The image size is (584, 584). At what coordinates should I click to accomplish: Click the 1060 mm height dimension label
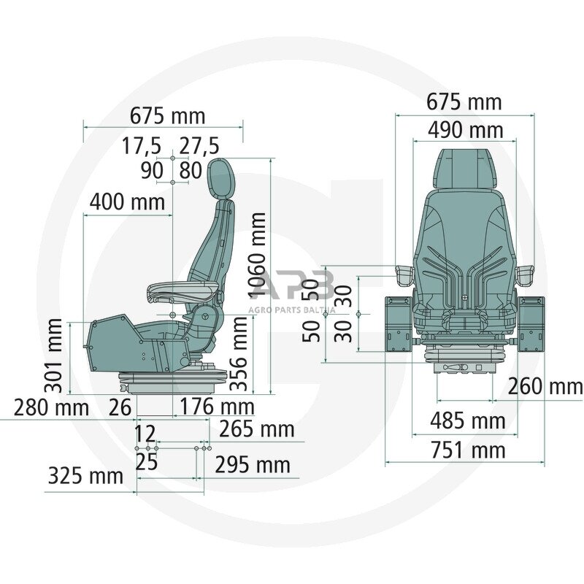pyautogui.click(x=258, y=255)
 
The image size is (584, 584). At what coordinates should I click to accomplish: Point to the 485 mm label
pyautogui.click(x=467, y=421)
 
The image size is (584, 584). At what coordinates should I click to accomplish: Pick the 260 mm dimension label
pyautogui.click(x=545, y=386)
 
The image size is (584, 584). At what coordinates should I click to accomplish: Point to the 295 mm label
pyautogui.click(x=252, y=464)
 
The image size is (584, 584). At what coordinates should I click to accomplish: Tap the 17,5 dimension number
pyautogui.click(x=141, y=146)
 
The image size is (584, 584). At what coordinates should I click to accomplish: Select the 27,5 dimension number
pyautogui.click(x=199, y=146)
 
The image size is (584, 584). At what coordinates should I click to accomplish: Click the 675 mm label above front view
pyautogui.click(x=464, y=102)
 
